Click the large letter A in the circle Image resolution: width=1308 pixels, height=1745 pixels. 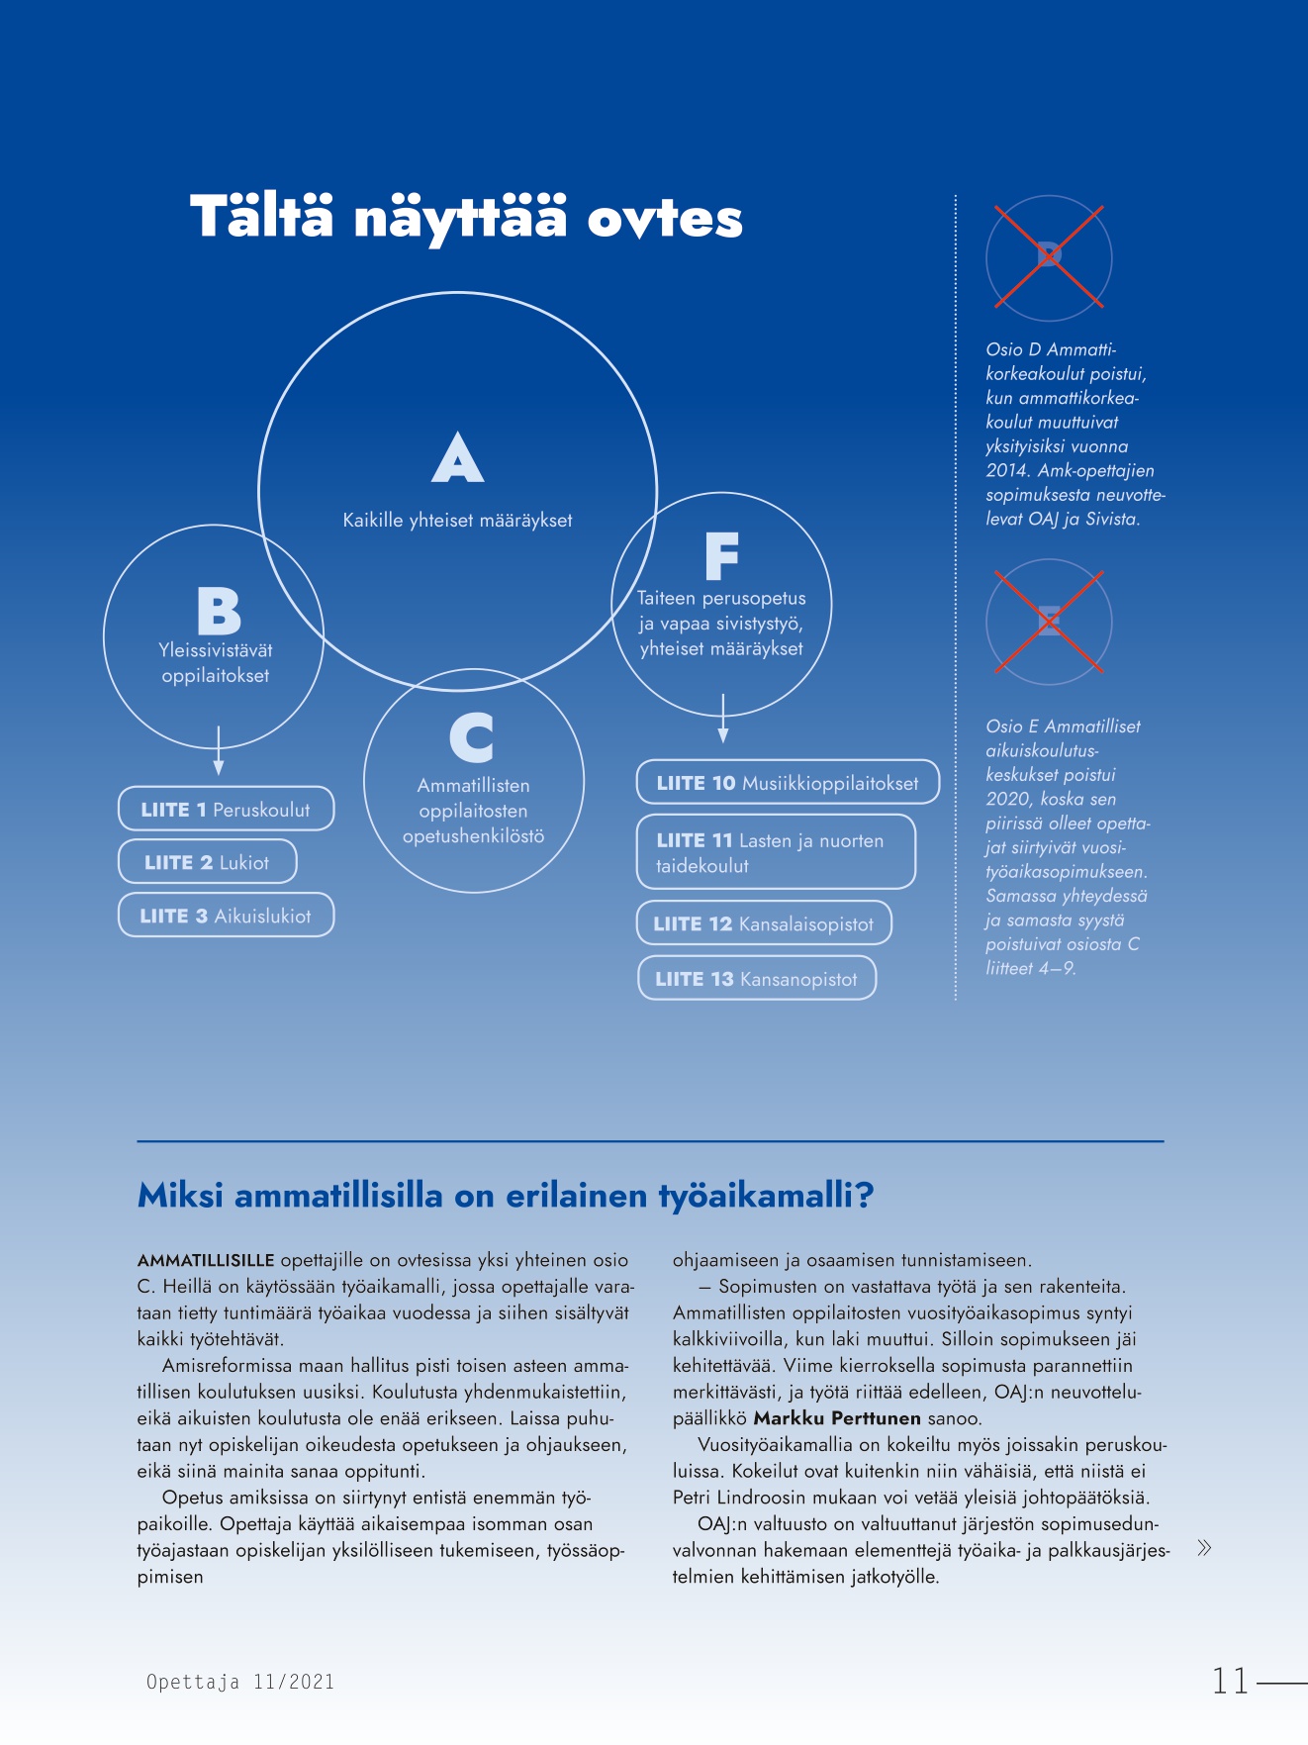[x=458, y=458]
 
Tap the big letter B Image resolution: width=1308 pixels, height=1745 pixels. [x=219, y=611]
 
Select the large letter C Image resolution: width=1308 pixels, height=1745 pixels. [x=472, y=737]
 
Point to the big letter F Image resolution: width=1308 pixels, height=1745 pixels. [x=721, y=556]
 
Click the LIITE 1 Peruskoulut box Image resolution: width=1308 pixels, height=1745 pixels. [x=226, y=809]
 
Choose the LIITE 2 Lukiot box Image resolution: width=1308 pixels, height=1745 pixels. [x=207, y=862]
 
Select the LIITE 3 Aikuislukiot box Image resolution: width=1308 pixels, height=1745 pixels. [x=226, y=916]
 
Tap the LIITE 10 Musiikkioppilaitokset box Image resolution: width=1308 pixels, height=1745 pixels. [x=787, y=783]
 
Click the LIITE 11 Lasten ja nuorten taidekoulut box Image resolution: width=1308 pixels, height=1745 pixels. [x=775, y=851]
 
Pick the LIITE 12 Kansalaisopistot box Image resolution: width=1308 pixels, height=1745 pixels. [x=763, y=923]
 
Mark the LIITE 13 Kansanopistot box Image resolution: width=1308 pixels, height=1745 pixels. [x=756, y=978]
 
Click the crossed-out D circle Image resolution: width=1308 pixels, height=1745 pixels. [x=1049, y=257]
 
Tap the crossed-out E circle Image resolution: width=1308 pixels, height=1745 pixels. [x=1049, y=622]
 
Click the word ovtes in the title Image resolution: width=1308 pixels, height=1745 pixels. [x=665, y=219]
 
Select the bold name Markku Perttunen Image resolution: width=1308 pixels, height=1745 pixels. [x=837, y=1418]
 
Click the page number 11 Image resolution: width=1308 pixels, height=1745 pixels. [x=1231, y=1681]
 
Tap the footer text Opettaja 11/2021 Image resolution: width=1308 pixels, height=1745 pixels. [x=240, y=1682]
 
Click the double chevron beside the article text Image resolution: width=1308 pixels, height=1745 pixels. [x=1204, y=1548]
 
